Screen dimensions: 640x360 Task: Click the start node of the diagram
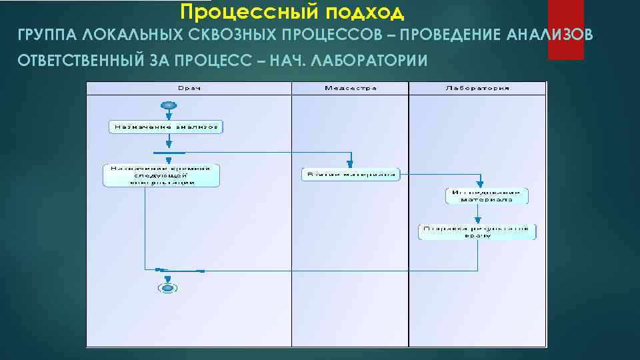point(168,105)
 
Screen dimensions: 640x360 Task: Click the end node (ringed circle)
point(167,287)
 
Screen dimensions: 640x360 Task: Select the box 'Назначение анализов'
point(166,127)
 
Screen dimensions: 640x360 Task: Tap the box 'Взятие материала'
point(351,175)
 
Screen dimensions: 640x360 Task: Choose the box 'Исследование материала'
point(487,196)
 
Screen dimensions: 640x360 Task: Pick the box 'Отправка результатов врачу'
point(477,231)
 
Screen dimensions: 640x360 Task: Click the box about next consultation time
point(161,175)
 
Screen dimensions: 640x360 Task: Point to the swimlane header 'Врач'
point(189,88)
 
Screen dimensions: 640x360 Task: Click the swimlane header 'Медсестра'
point(351,88)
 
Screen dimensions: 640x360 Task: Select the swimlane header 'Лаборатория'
point(478,88)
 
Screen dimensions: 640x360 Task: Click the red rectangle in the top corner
point(565,29)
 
